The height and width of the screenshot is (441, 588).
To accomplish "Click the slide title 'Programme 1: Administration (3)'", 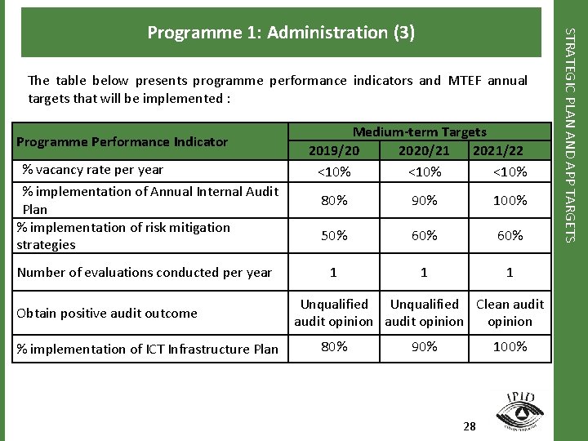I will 281,33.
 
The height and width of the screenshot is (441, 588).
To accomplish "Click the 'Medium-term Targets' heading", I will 419,131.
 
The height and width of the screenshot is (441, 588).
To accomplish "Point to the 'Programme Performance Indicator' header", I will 122,141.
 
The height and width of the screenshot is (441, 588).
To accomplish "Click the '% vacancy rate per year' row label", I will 92,170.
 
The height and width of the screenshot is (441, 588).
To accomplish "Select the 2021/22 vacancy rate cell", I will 510,172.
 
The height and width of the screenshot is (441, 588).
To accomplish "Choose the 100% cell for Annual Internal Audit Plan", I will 510,200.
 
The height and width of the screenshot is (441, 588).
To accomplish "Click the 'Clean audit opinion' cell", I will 510,313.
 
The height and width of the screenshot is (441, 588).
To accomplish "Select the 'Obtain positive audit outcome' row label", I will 107,313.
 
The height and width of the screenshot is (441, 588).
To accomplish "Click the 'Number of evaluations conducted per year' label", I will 144,272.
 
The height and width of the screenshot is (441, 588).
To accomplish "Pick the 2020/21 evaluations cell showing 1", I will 424,272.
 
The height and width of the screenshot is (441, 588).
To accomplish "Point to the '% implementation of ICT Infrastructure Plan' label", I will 147,349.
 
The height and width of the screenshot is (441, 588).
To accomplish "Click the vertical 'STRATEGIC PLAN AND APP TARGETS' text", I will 572,134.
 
